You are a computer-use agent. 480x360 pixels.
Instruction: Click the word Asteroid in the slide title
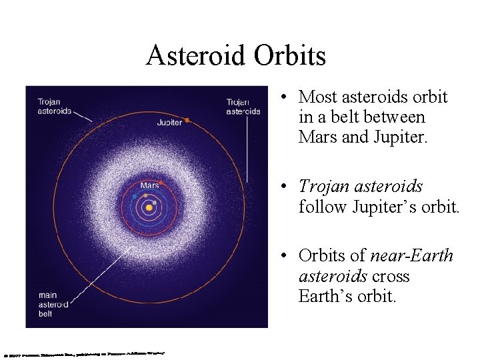coord(196,55)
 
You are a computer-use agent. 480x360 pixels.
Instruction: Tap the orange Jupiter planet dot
coord(187,120)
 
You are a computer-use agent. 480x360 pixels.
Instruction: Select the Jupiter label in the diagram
coord(169,123)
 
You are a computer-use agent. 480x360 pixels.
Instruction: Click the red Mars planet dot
coord(162,182)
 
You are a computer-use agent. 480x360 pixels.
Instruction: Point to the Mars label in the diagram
coord(149,185)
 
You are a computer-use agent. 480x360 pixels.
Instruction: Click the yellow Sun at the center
coord(149,207)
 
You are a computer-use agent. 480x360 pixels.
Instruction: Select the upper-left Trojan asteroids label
coord(54,107)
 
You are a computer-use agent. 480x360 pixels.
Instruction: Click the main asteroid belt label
coord(53,305)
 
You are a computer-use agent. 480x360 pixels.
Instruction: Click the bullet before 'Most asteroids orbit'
coord(284,97)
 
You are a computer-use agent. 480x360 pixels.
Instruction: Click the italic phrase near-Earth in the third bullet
coord(411,256)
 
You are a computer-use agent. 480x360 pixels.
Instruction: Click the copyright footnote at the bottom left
coord(83,353)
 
